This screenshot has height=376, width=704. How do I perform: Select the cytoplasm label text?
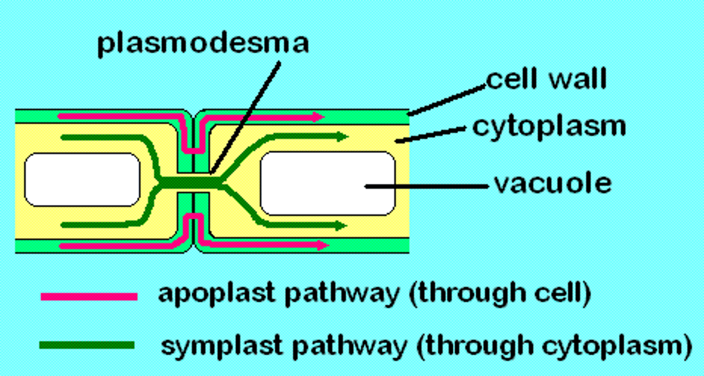(x=549, y=126)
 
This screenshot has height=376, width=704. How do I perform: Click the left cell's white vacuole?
(x=82, y=179)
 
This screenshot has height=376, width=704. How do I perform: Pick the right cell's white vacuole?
(x=328, y=183)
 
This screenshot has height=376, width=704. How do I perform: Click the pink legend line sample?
(x=89, y=296)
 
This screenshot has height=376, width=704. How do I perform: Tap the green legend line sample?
(x=87, y=345)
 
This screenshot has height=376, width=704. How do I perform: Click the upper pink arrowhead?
(x=319, y=117)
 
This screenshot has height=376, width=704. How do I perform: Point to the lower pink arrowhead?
(x=323, y=245)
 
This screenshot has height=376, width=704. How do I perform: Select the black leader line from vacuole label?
(x=425, y=186)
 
